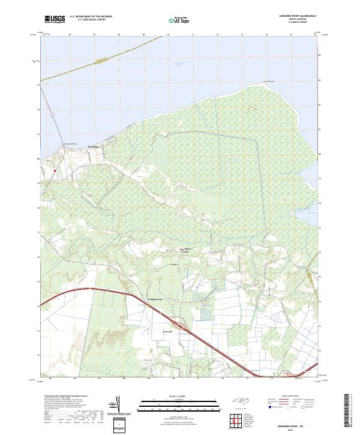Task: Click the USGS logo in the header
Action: point(54,19)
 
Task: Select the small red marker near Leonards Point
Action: point(55,170)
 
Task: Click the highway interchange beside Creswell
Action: point(186,327)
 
